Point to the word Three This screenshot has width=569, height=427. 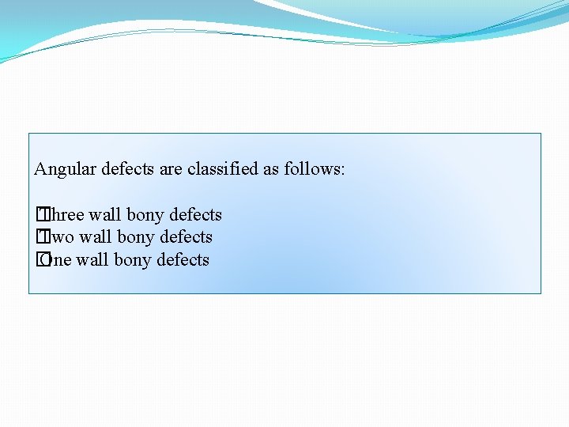[x=65, y=215]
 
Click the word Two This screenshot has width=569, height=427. [x=60, y=237]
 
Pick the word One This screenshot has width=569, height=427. [x=58, y=260]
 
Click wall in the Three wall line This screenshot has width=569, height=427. [x=105, y=215]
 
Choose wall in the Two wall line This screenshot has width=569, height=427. [x=96, y=237]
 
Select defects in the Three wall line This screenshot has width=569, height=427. [x=194, y=215]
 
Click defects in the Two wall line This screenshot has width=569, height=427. [x=185, y=237]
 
